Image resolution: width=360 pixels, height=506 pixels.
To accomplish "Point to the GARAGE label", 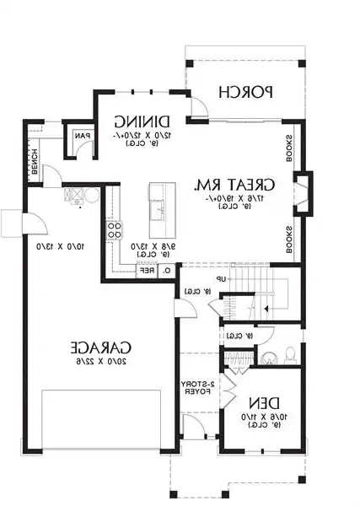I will [x=99, y=347].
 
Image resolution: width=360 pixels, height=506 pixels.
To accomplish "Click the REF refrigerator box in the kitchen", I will [x=146, y=271].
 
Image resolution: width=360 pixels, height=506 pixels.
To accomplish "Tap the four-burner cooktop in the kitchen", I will [x=114, y=230].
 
